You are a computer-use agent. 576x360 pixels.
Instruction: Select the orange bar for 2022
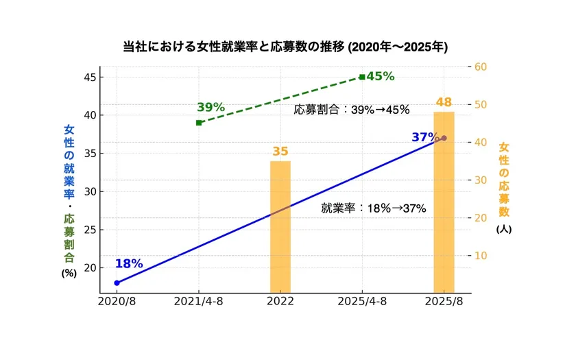pos(280,226)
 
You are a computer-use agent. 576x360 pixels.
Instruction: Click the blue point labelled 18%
pos(117,283)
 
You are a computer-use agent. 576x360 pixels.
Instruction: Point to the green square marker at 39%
pos(199,123)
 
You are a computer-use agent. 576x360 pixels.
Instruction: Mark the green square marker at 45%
pos(362,77)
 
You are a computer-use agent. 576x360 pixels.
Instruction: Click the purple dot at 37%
pos(444,138)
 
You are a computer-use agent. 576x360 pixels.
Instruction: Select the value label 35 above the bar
pos(280,152)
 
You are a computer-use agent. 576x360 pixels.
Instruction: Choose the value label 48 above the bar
pos(444,103)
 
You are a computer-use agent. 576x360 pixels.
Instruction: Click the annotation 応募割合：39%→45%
pos(351,110)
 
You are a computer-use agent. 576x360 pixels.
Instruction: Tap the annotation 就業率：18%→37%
pos(374,208)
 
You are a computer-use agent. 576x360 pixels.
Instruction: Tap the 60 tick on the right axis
pos(480,67)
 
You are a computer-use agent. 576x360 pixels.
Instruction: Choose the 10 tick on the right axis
pos(480,256)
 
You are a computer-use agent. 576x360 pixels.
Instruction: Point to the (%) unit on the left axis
pos(69,272)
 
